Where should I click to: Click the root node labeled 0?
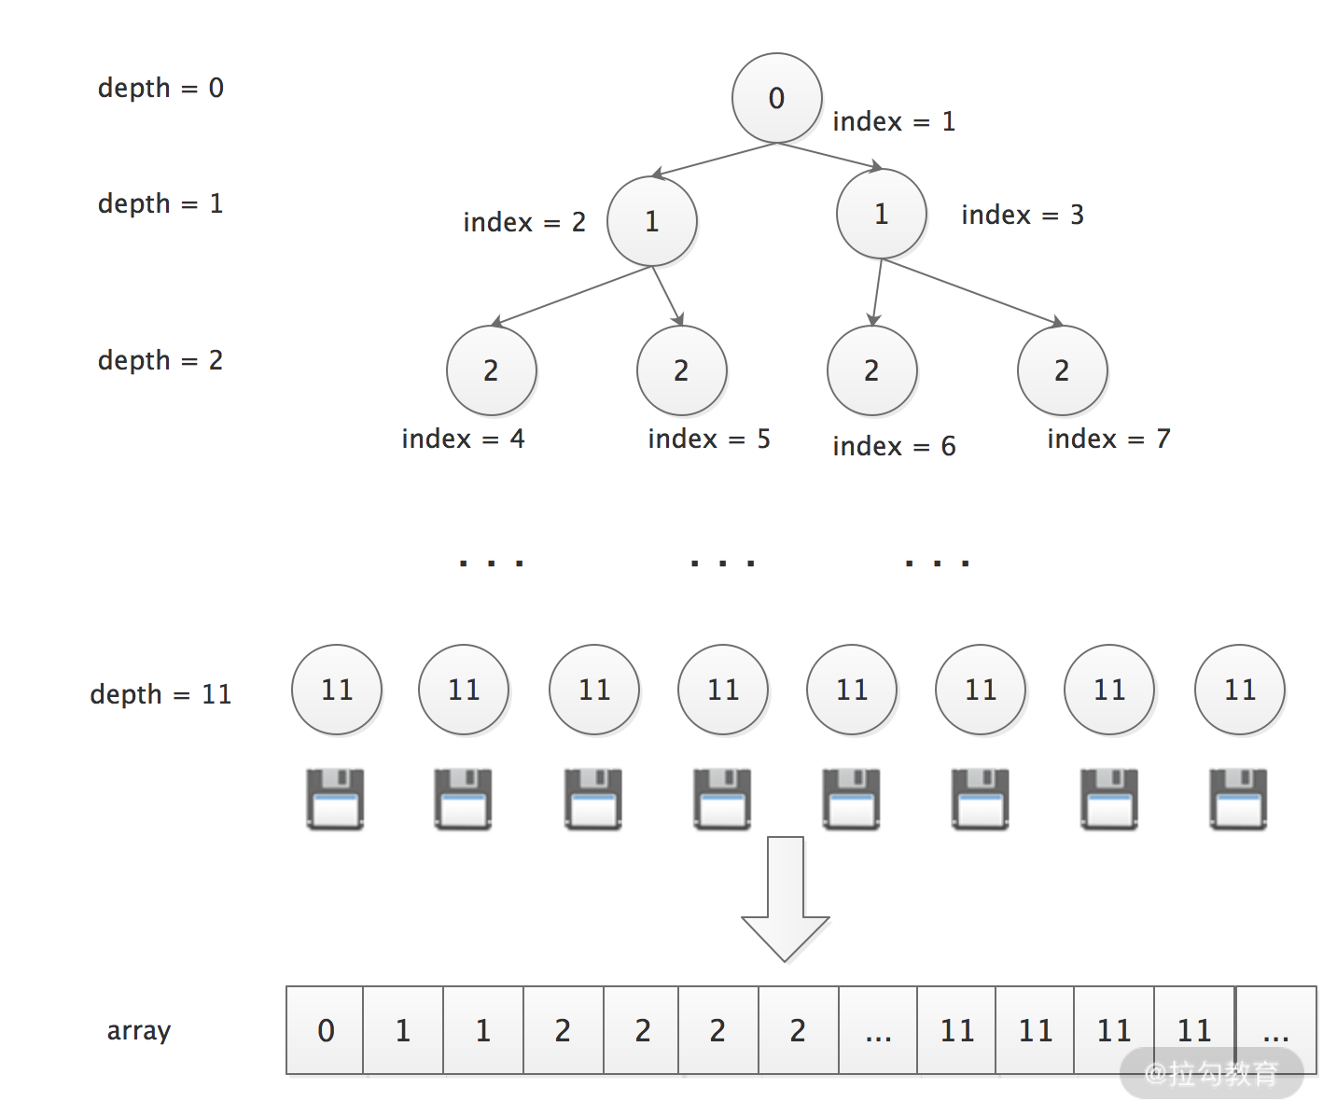pyautogui.click(x=776, y=98)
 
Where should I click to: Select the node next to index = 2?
pyautogui.click(x=651, y=221)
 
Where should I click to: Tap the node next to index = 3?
pyautogui.click(x=881, y=214)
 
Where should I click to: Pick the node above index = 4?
pyautogui.click(x=491, y=370)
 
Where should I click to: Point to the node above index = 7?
pyautogui.click(x=1062, y=370)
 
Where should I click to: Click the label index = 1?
pyautogui.click(x=893, y=121)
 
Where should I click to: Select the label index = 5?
pyautogui.click(x=708, y=439)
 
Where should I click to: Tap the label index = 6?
pyautogui.click(x=893, y=446)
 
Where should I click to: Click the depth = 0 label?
pyautogui.click(x=160, y=88)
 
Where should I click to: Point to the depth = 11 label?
pyautogui.click(x=160, y=694)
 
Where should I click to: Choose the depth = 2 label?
pyautogui.click(x=160, y=360)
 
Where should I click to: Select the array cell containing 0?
pyautogui.click(x=325, y=1030)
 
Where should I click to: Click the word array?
pyautogui.click(x=139, y=1031)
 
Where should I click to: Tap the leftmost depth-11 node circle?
pyautogui.click(x=336, y=690)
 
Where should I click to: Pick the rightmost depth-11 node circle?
pyautogui.click(x=1239, y=690)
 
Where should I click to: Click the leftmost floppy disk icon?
pyautogui.click(x=335, y=799)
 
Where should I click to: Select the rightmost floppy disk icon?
pyautogui.click(x=1238, y=799)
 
